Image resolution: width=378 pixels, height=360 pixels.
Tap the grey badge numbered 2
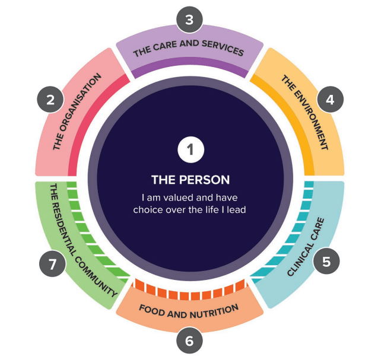tap(50, 98)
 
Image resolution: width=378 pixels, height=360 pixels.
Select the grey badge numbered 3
tap(189, 20)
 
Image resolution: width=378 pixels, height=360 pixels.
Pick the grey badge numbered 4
tap(329, 99)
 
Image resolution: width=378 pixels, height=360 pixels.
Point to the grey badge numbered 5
tap(325, 260)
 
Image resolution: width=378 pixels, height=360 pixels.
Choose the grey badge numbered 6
tap(189, 340)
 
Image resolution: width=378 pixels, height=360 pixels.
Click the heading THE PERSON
tap(190, 179)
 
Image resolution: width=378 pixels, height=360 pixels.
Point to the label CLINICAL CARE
tap(306, 248)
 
